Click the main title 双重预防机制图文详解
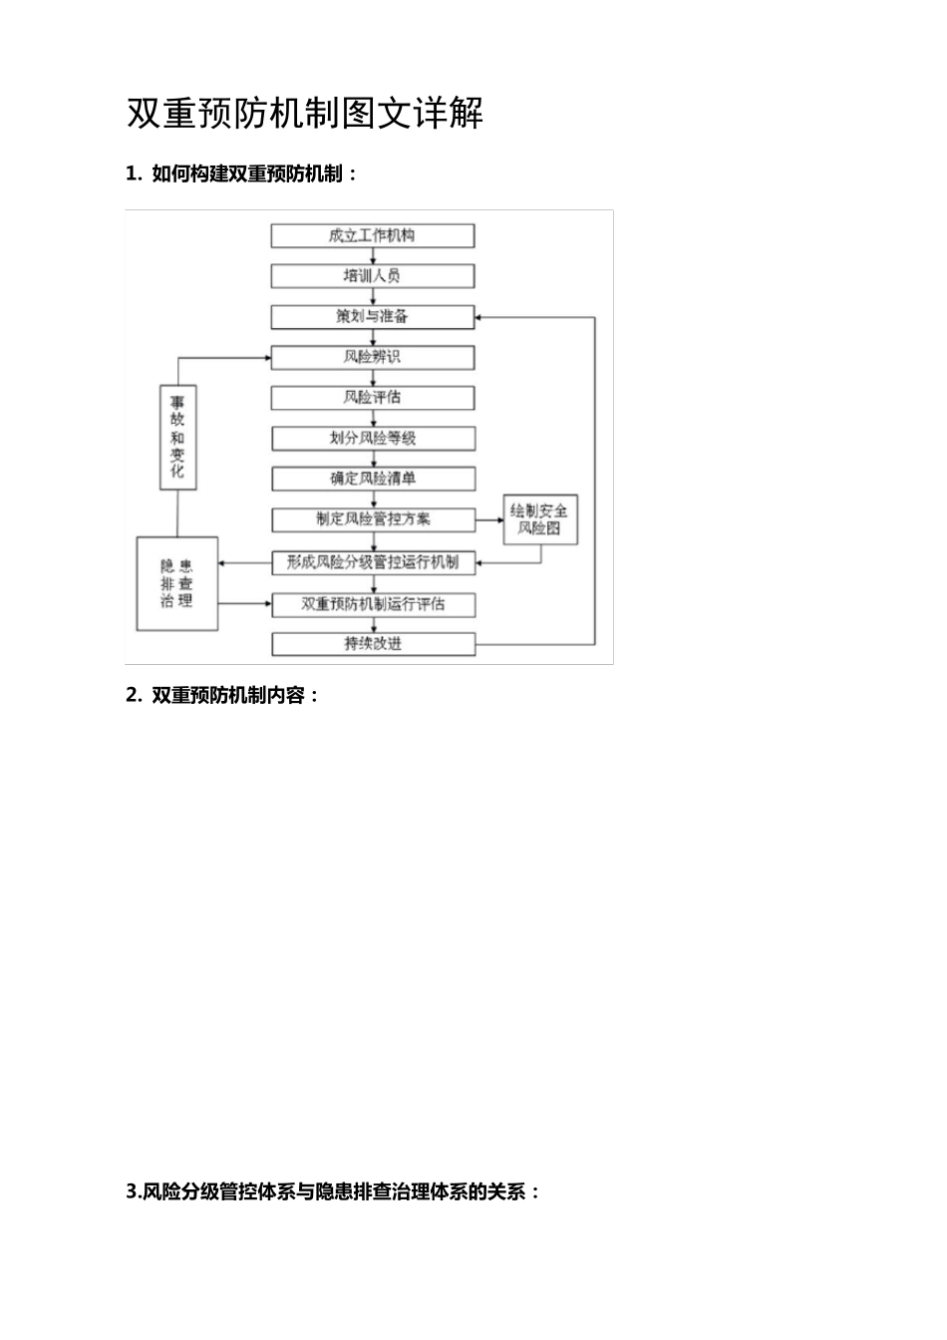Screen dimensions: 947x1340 click(305, 114)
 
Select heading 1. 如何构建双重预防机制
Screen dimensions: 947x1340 click(241, 173)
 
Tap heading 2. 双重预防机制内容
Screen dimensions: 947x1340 click(223, 695)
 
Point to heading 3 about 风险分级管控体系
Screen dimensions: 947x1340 click(334, 1190)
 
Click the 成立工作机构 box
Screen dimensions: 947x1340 click(373, 236)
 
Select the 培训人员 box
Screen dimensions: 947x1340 click(373, 276)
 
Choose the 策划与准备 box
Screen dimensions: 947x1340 click(373, 317)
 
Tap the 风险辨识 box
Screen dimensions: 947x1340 click(373, 357)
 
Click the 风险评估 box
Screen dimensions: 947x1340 click(373, 398)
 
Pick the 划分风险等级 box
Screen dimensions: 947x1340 click(373, 438)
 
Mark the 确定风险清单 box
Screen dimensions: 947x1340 click(373, 479)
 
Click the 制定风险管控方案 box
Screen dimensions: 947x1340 click(373, 519)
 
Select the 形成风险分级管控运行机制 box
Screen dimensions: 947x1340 click(373, 562)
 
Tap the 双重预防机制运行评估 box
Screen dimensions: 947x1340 click(373, 604)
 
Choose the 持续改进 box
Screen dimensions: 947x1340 click(373, 644)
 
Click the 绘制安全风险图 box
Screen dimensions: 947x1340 click(539, 519)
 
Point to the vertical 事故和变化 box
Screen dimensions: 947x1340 click(177, 437)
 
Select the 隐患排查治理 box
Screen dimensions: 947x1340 click(176, 583)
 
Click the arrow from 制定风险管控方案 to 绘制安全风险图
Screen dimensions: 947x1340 click(488, 519)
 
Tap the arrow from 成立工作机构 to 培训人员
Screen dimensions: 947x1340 click(373, 256)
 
